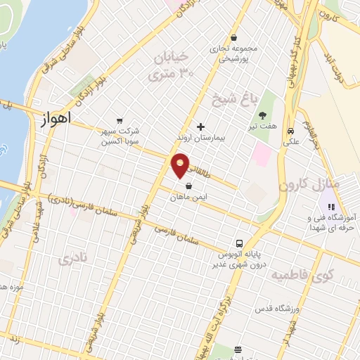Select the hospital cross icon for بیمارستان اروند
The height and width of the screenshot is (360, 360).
[201, 127]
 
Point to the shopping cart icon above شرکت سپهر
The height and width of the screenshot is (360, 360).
[120, 120]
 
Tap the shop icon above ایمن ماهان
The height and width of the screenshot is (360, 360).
[189, 186]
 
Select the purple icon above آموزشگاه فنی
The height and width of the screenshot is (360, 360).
[328, 207]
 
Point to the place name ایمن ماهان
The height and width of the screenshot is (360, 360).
[188, 198]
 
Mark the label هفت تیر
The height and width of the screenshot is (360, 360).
[265, 128]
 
